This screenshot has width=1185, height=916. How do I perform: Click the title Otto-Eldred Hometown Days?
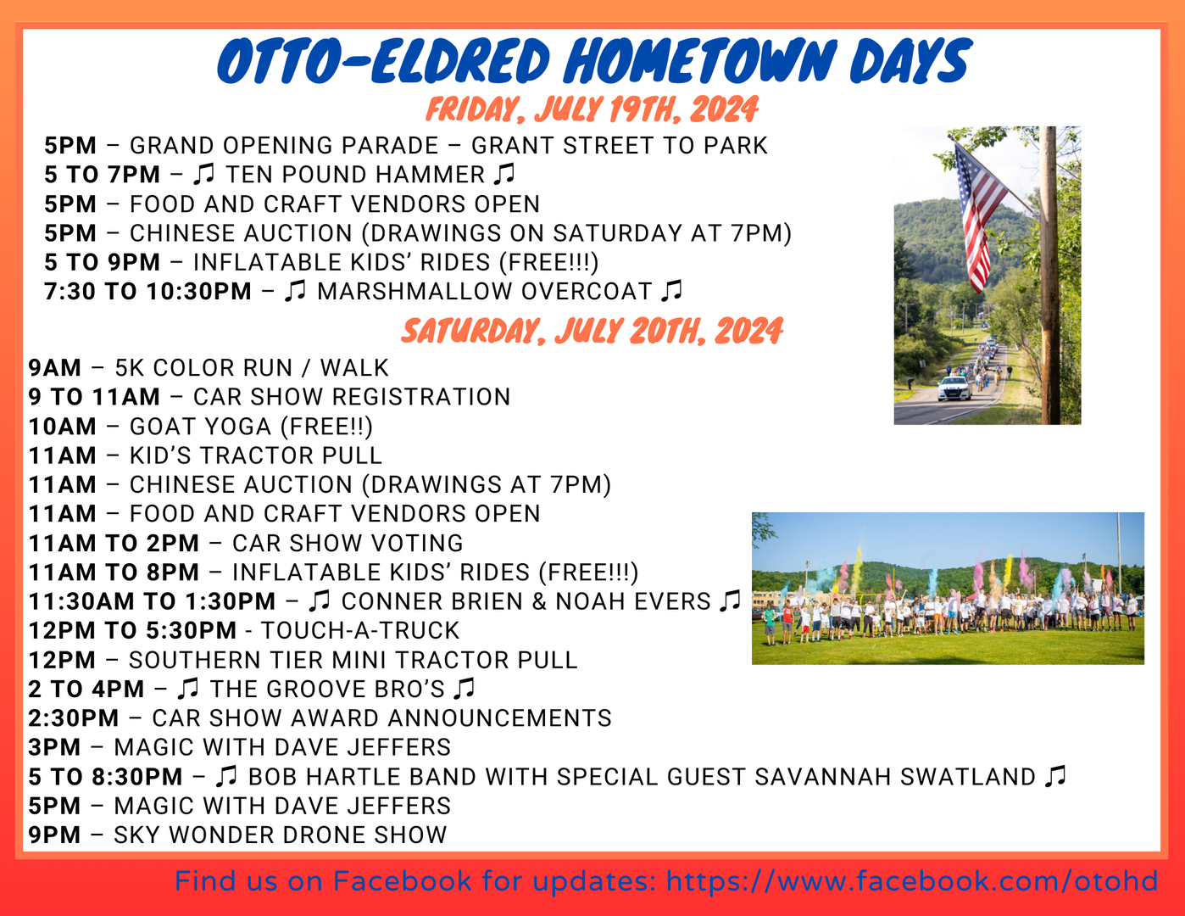(593, 61)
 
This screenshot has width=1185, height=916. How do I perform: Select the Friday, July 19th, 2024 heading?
(592, 110)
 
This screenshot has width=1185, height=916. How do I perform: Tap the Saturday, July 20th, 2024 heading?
(592, 331)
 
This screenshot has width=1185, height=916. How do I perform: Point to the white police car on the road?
(954, 388)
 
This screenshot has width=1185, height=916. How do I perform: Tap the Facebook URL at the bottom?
(911, 881)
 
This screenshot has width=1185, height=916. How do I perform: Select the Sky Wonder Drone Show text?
(280, 835)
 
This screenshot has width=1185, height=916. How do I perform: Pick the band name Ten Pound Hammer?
(355, 175)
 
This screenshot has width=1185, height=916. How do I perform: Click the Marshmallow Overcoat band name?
(484, 292)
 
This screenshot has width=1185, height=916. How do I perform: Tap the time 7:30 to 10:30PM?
(148, 292)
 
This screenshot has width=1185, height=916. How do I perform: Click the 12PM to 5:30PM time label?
(132, 631)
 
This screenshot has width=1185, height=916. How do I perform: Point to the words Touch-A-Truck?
(359, 631)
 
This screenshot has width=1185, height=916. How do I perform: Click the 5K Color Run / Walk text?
(251, 368)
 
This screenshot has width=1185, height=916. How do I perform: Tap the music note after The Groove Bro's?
(465, 688)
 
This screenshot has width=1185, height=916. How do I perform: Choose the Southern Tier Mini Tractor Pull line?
(353, 660)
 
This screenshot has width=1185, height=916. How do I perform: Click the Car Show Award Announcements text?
(381, 718)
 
